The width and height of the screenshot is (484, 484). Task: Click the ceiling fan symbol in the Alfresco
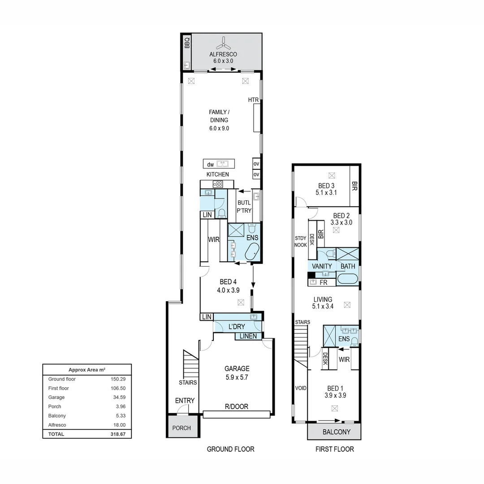click(x=224, y=44)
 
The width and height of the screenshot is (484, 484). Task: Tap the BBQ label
click(x=187, y=43)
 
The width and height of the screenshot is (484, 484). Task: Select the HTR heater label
click(x=253, y=99)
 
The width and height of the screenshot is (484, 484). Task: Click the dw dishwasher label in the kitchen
click(x=210, y=164)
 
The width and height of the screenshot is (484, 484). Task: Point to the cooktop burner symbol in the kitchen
click(x=218, y=184)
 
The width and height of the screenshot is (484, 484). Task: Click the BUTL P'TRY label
click(x=244, y=207)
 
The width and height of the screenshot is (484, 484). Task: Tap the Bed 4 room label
click(x=228, y=286)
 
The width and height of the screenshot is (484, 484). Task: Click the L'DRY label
click(x=237, y=327)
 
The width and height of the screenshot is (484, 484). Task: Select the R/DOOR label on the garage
click(x=237, y=406)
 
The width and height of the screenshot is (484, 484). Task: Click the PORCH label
click(x=181, y=428)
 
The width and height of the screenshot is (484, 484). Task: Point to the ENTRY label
click(x=185, y=400)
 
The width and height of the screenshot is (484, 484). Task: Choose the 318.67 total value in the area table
click(x=118, y=434)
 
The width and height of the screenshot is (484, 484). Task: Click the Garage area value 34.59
click(x=119, y=397)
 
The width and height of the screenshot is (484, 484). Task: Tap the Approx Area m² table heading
click(x=87, y=369)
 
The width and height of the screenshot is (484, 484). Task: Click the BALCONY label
click(x=337, y=432)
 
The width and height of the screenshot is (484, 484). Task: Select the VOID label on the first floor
click(x=301, y=388)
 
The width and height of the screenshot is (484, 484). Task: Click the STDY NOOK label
click(x=301, y=242)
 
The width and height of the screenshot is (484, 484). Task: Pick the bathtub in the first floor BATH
click(x=348, y=279)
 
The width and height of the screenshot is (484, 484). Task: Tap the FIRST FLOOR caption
click(x=335, y=449)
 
